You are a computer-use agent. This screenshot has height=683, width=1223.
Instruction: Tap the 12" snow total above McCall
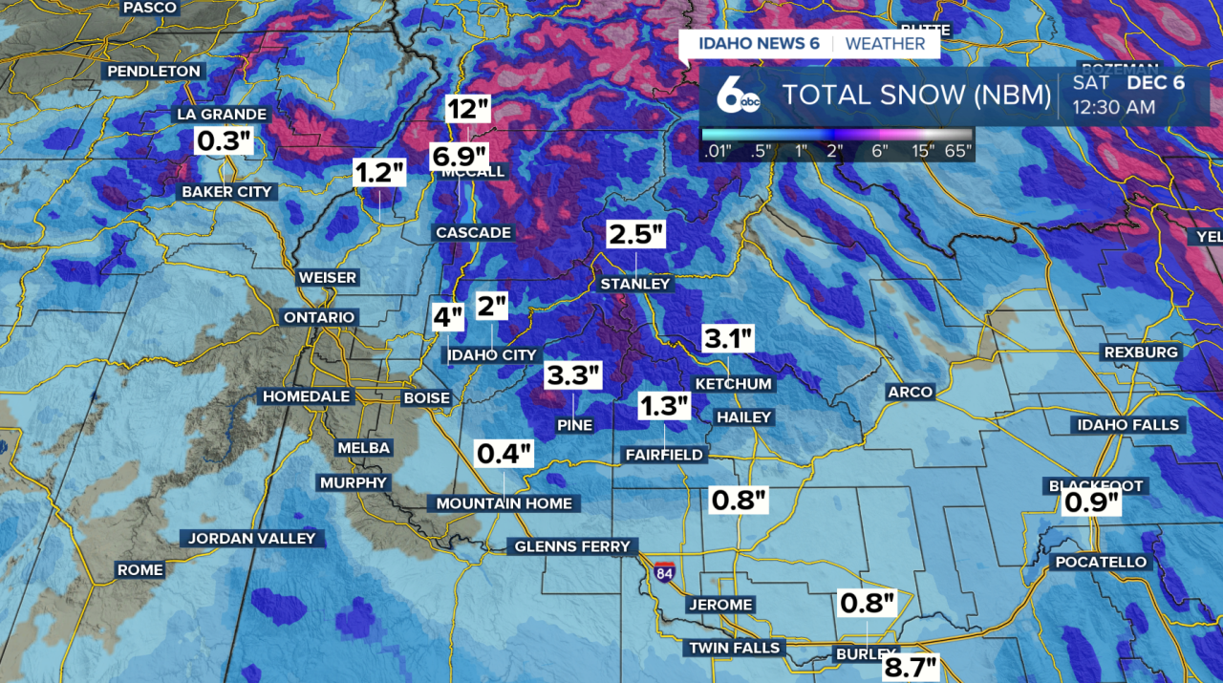(467, 109)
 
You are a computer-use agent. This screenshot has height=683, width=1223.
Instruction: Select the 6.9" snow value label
(460, 155)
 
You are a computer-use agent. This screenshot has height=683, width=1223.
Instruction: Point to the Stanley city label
(635, 284)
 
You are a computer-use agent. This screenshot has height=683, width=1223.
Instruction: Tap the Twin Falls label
(735, 648)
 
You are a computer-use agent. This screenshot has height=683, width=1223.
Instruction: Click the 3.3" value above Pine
(574, 375)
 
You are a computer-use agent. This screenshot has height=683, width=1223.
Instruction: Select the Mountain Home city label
(504, 503)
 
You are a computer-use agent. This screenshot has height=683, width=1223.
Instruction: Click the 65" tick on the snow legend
(957, 150)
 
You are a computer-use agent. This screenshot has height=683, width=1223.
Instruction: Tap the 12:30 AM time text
(1113, 107)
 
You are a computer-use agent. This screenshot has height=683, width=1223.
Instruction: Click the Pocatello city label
(1101, 562)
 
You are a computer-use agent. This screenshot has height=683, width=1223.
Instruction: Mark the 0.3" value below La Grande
(224, 141)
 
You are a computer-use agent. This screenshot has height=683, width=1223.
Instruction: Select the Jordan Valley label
(251, 538)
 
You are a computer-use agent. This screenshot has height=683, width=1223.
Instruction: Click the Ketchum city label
(733, 384)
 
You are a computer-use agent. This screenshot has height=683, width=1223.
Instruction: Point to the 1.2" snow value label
(380, 173)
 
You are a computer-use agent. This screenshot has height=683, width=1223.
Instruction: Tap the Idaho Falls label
(1128, 424)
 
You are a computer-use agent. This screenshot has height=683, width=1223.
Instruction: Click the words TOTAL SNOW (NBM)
(916, 96)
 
